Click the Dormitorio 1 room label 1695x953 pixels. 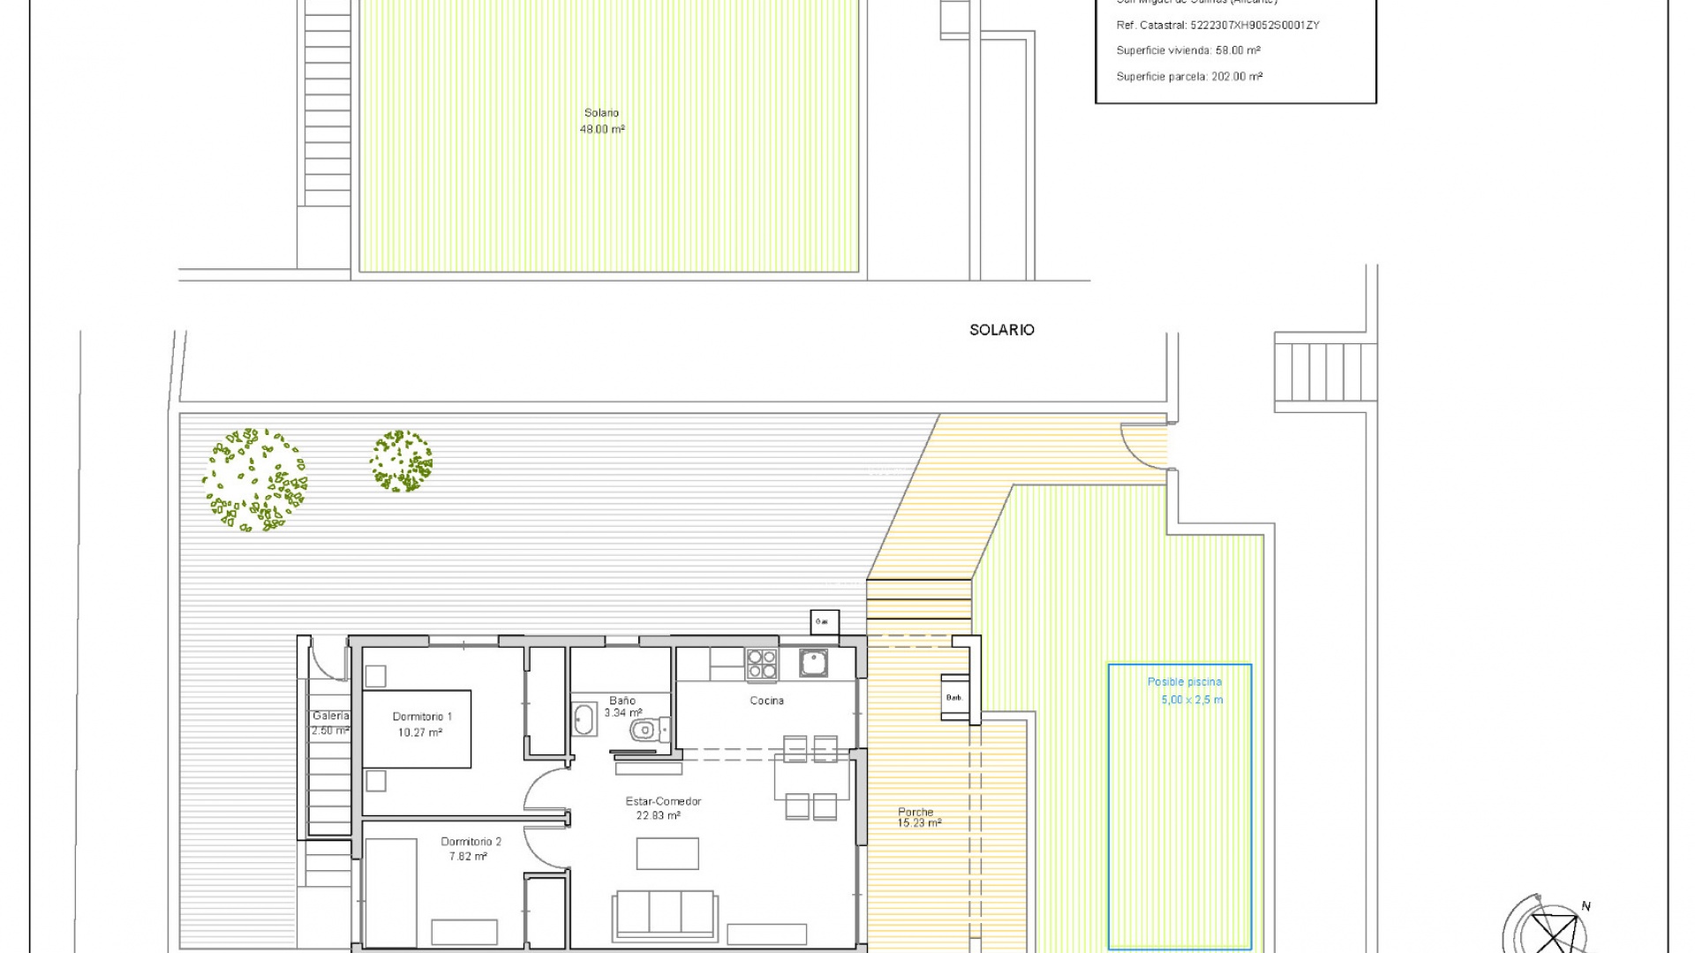(422, 717)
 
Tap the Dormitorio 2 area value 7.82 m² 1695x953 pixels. (468, 857)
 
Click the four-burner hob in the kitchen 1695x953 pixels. (761, 664)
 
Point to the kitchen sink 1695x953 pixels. (813, 662)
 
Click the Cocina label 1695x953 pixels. (766, 701)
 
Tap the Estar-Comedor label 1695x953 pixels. (663, 801)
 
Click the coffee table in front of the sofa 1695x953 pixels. (667, 853)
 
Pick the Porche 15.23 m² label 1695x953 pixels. (918, 818)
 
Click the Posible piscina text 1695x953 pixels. (1184, 682)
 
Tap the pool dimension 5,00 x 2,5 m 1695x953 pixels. (1192, 700)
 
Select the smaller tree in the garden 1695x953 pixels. (402, 461)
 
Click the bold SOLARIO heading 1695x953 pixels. (1001, 330)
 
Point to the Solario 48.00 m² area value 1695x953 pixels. (602, 130)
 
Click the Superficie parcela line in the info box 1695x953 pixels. (1188, 77)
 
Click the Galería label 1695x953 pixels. (330, 716)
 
